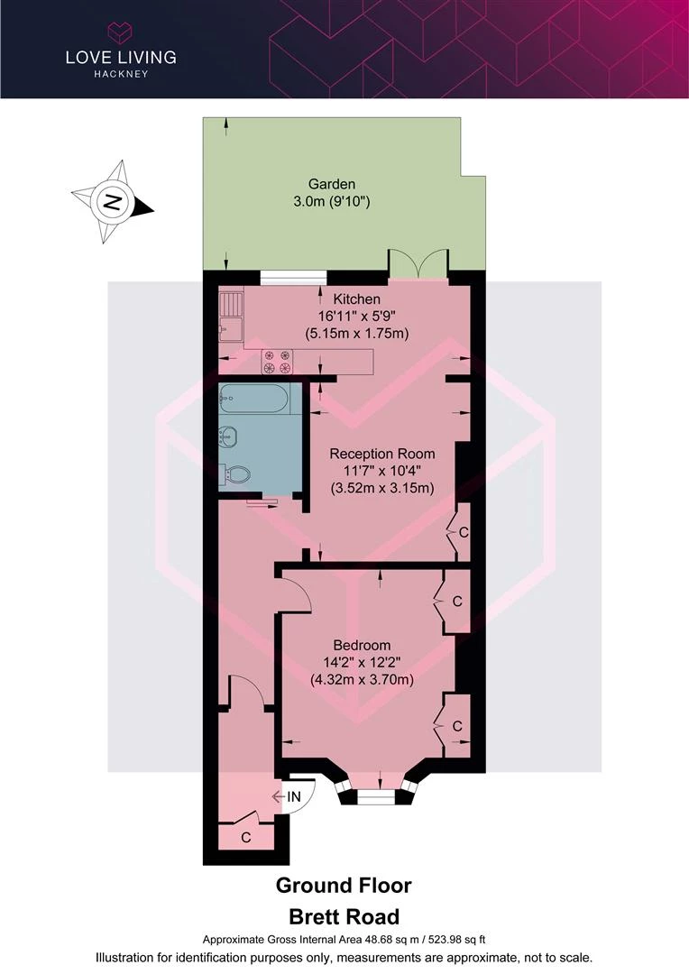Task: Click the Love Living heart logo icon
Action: [121, 32]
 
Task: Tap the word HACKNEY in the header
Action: [121, 74]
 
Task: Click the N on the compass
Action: [112, 202]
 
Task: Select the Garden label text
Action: [332, 184]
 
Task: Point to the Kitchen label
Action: [356, 299]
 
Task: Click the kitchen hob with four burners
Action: [277, 363]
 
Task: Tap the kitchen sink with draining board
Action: [231, 317]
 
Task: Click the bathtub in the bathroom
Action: [253, 399]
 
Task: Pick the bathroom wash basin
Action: [228, 436]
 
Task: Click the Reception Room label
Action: [382, 454]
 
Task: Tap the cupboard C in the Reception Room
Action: [463, 532]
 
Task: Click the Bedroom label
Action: [362, 645]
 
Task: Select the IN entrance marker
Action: [293, 796]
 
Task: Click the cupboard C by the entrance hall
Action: [246, 837]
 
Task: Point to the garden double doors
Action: [418, 261]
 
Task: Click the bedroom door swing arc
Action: [301, 589]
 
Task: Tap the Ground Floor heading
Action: [344, 886]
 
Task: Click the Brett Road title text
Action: [344, 917]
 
